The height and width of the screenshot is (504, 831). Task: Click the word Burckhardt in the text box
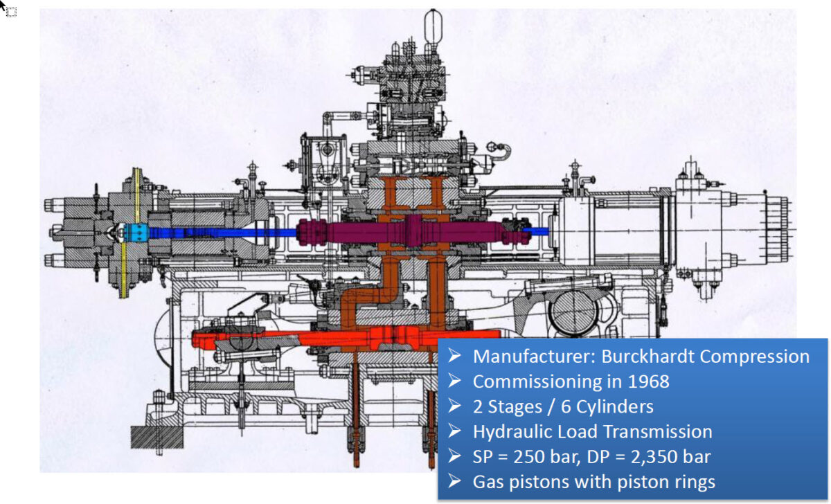[641, 357]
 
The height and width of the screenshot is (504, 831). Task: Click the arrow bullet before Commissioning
[454, 381]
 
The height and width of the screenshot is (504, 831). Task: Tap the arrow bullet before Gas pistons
[454, 481]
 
